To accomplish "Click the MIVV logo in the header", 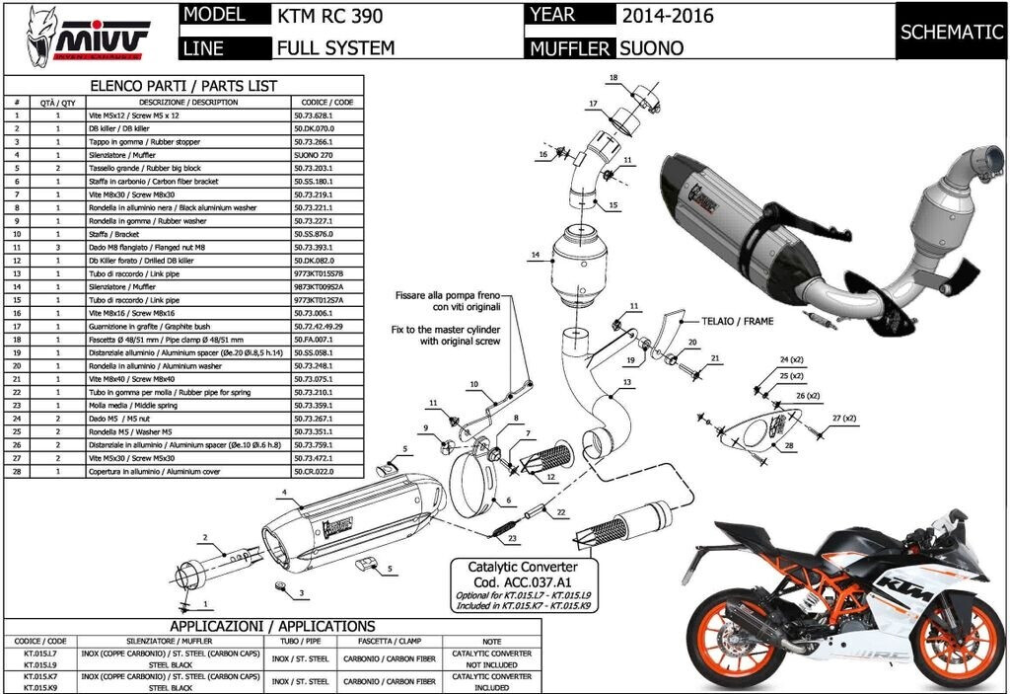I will pos(89,37).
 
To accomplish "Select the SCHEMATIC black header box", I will pos(951,32).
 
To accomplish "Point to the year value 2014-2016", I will pos(668,16).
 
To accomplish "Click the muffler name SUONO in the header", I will pos(651,46).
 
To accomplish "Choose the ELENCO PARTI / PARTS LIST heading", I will pos(183,86).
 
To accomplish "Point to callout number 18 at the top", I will pos(613,77).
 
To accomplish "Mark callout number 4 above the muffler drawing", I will pos(284,492).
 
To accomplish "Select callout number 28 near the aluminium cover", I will pos(788,446).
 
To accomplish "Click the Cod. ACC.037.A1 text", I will pos(511,583).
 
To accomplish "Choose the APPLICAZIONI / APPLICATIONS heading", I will pos(272,626).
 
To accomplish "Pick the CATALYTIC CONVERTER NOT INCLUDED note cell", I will pos(490,658).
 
